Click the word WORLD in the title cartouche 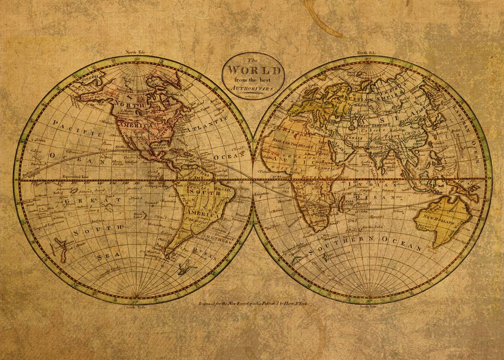(x=253, y=69)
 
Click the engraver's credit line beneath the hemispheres (x=253, y=303)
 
